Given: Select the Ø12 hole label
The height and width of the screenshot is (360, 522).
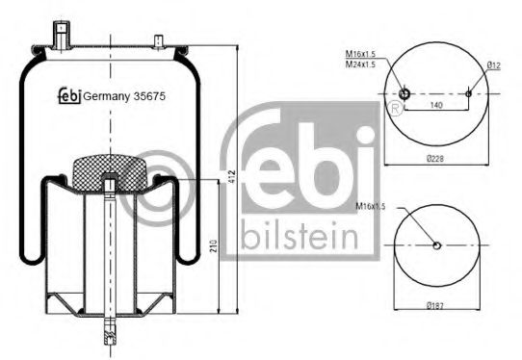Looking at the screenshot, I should (x=492, y=65).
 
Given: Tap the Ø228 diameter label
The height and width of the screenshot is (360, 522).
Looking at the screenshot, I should (x=437, y=159).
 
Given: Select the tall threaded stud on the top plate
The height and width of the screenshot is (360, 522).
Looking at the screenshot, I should (x=65, y=41).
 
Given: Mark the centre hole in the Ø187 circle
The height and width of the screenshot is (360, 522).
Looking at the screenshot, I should (x=436, y=244).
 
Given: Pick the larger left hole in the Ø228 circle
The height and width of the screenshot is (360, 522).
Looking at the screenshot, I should (x=405, y=93).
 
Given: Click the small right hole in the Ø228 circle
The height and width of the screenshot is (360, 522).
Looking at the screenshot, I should (x=469, y=93).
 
